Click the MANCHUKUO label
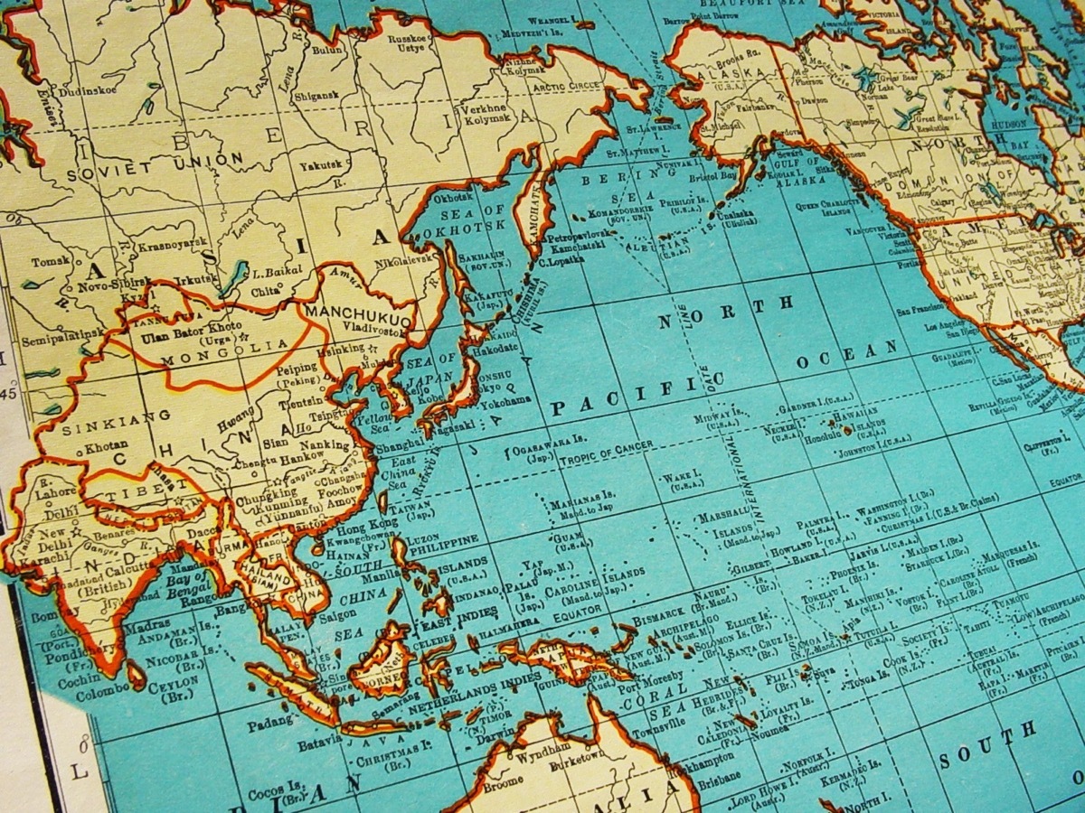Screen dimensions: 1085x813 [360, 316]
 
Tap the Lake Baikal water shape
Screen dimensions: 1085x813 [233, 277]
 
